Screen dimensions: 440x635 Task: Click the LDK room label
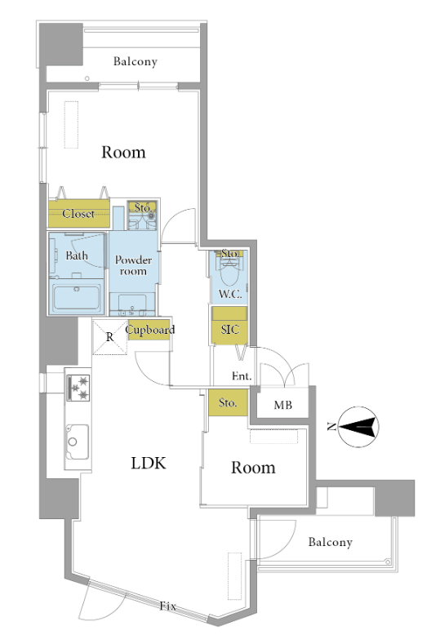click(149, 463)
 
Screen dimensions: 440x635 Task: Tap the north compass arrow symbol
click(358, 427)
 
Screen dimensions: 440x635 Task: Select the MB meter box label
click(282, 405)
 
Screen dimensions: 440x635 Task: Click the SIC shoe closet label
click(229, 329)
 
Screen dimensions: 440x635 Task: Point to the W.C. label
click(230, 294)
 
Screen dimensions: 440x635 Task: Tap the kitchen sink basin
click(77, 442)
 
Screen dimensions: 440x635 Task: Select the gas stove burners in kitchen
click(78, 388)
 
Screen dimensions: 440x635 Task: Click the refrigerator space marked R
click(109, 337)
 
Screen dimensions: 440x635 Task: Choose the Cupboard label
click(150, 330)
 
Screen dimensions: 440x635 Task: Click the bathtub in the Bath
click(76, 298)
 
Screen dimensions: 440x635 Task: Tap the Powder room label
click(133, 265)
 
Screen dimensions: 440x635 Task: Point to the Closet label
click(78, 213)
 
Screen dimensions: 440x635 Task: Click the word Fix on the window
click(167, 606)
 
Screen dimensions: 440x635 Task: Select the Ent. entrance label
click(242, 376)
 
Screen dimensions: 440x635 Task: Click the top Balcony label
click(136, 61)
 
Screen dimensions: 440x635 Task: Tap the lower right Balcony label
click(330, 542)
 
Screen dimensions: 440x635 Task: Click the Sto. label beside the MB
click(228, 402)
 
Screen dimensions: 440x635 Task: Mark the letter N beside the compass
click(331, 426)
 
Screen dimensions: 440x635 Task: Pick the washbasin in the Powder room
click(132, 304)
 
